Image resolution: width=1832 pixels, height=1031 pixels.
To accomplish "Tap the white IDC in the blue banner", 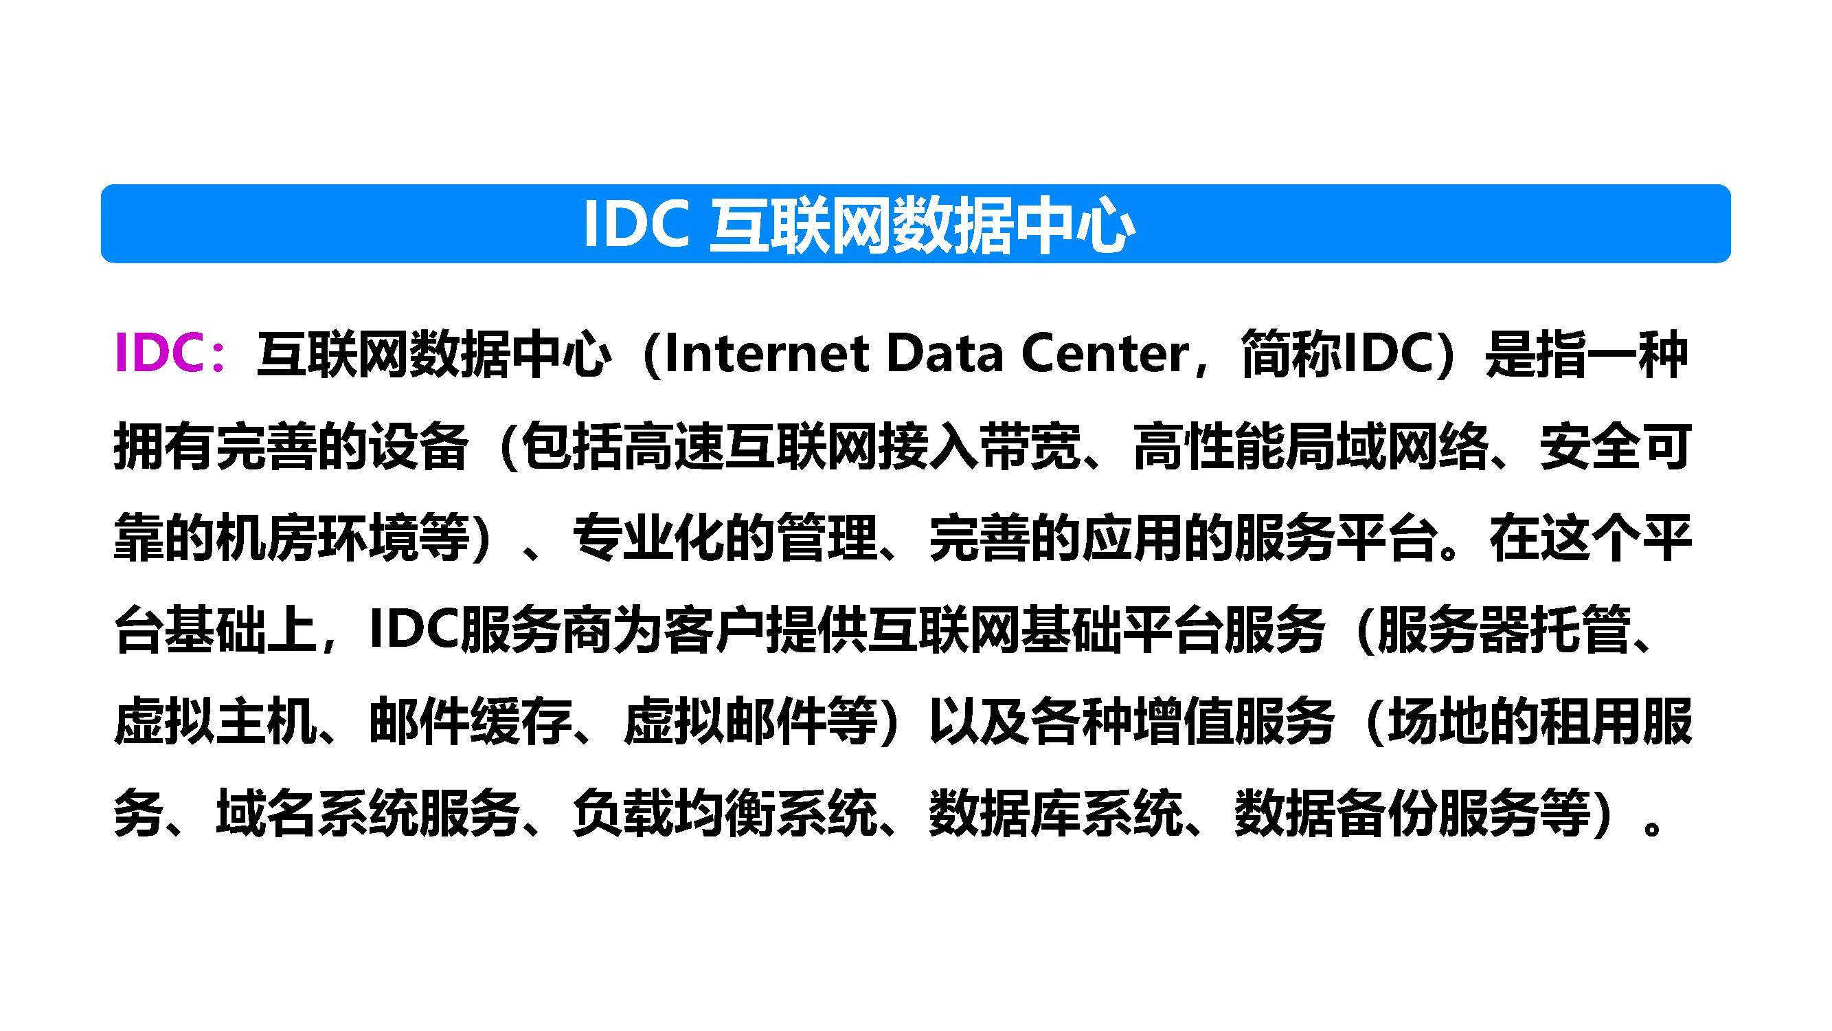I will click(636, 225).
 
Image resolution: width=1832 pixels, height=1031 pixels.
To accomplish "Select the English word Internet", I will click(767, 353).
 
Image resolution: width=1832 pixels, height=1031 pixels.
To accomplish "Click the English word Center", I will click(1105, 353).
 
